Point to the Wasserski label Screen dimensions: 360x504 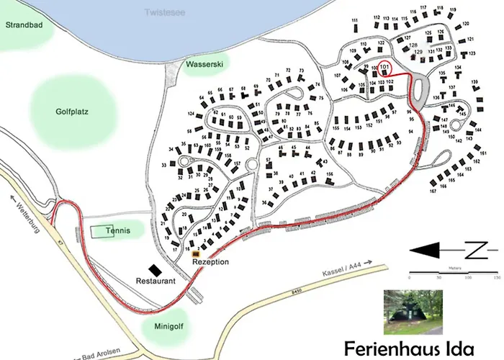[x=202, y=64]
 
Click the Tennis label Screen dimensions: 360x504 [x=118, y=231]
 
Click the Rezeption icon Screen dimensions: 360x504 [x=195, y=253]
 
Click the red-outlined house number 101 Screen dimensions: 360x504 [x=384, y=68]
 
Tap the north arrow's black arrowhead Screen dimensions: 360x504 [x=421, y=250]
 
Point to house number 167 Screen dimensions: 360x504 [x=433, y=191]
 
